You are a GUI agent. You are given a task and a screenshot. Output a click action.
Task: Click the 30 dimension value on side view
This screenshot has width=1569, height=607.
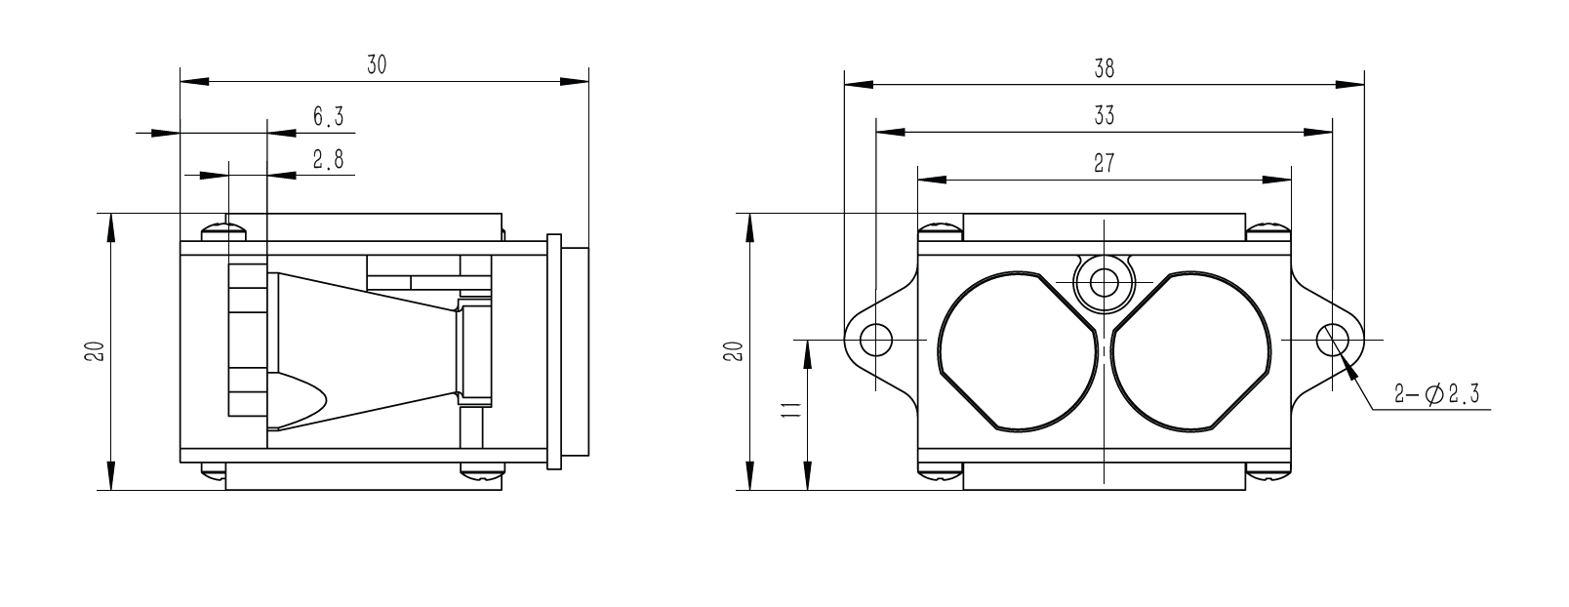coord(377,65)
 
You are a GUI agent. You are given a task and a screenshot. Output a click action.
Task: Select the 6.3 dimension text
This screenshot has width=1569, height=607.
coord(328,117)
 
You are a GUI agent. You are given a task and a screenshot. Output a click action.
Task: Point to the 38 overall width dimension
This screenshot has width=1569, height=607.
coord(1104,68)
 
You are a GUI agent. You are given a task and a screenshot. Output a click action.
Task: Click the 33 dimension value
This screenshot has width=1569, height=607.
coord(1104,115)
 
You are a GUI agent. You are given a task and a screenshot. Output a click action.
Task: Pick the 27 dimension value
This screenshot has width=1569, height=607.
coord(1104,163)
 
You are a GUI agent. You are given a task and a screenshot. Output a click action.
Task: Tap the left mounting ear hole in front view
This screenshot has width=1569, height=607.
coord(876,340)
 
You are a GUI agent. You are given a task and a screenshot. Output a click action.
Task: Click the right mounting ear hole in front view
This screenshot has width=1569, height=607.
coord(1332,340)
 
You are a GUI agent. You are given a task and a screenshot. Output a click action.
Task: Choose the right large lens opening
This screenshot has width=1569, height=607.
coord(1192,349)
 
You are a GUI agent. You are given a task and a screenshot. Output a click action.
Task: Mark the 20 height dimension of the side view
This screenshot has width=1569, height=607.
coord(95,351)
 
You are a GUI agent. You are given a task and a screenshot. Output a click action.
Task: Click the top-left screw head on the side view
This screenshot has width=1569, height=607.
coord(225,232)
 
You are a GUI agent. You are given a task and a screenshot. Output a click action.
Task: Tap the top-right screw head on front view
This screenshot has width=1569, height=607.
coord(1267,231)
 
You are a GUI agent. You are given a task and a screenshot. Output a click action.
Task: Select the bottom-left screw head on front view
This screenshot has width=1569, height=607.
coord(941,473)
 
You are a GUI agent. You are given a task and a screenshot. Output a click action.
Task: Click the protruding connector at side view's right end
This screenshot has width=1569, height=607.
coord(569,351)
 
